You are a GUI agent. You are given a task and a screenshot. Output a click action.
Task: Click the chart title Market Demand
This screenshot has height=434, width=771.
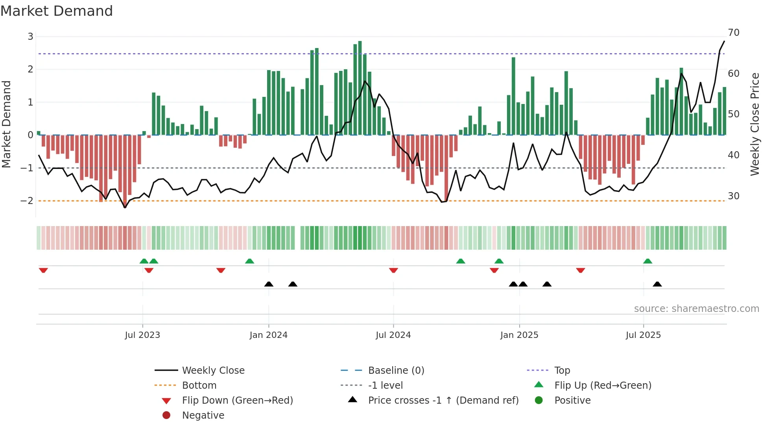tap(57, 11)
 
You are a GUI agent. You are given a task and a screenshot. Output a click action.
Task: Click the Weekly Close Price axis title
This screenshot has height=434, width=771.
tap(754, 124)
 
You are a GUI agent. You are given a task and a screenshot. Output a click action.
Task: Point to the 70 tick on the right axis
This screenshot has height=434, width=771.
tap(733, 33)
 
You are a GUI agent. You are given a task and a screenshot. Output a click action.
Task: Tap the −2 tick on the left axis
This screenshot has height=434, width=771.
tap(27, 200)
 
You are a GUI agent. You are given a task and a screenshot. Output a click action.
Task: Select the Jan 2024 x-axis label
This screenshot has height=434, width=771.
tap(268, 335)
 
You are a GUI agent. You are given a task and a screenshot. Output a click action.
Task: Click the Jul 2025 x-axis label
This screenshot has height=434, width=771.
tap(643, 335)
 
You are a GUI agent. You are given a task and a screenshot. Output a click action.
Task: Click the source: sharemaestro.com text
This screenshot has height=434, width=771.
tap(696, 309)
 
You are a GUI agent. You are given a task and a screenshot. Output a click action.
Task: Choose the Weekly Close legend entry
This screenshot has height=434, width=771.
tap(213, 371)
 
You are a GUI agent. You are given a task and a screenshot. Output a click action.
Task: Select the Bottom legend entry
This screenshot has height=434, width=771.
tap(199, 386)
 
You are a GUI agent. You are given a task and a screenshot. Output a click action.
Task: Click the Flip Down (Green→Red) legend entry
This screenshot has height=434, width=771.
tap(237, 401)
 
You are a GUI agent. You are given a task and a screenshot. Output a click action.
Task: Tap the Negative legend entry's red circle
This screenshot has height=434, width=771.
tap(166, 415)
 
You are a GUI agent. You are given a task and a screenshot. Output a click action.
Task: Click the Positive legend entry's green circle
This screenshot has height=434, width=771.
tap(539, 401)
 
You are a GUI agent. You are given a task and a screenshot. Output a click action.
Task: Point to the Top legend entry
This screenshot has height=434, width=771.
tap(562, 371)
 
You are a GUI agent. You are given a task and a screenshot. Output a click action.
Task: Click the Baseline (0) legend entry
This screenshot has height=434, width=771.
tap(396, 371)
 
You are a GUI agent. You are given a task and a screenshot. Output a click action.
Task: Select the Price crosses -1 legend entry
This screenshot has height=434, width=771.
tap(443, 401)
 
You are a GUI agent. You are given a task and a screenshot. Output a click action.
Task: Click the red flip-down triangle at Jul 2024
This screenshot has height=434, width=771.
tap(393, 270)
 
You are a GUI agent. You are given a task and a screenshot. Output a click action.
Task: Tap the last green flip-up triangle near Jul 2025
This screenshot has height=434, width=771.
tap(647, 261)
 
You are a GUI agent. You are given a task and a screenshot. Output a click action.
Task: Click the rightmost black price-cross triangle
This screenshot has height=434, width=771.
tap(657, 284)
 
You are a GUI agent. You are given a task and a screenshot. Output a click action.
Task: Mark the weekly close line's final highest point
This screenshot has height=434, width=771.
tap(724, 41)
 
